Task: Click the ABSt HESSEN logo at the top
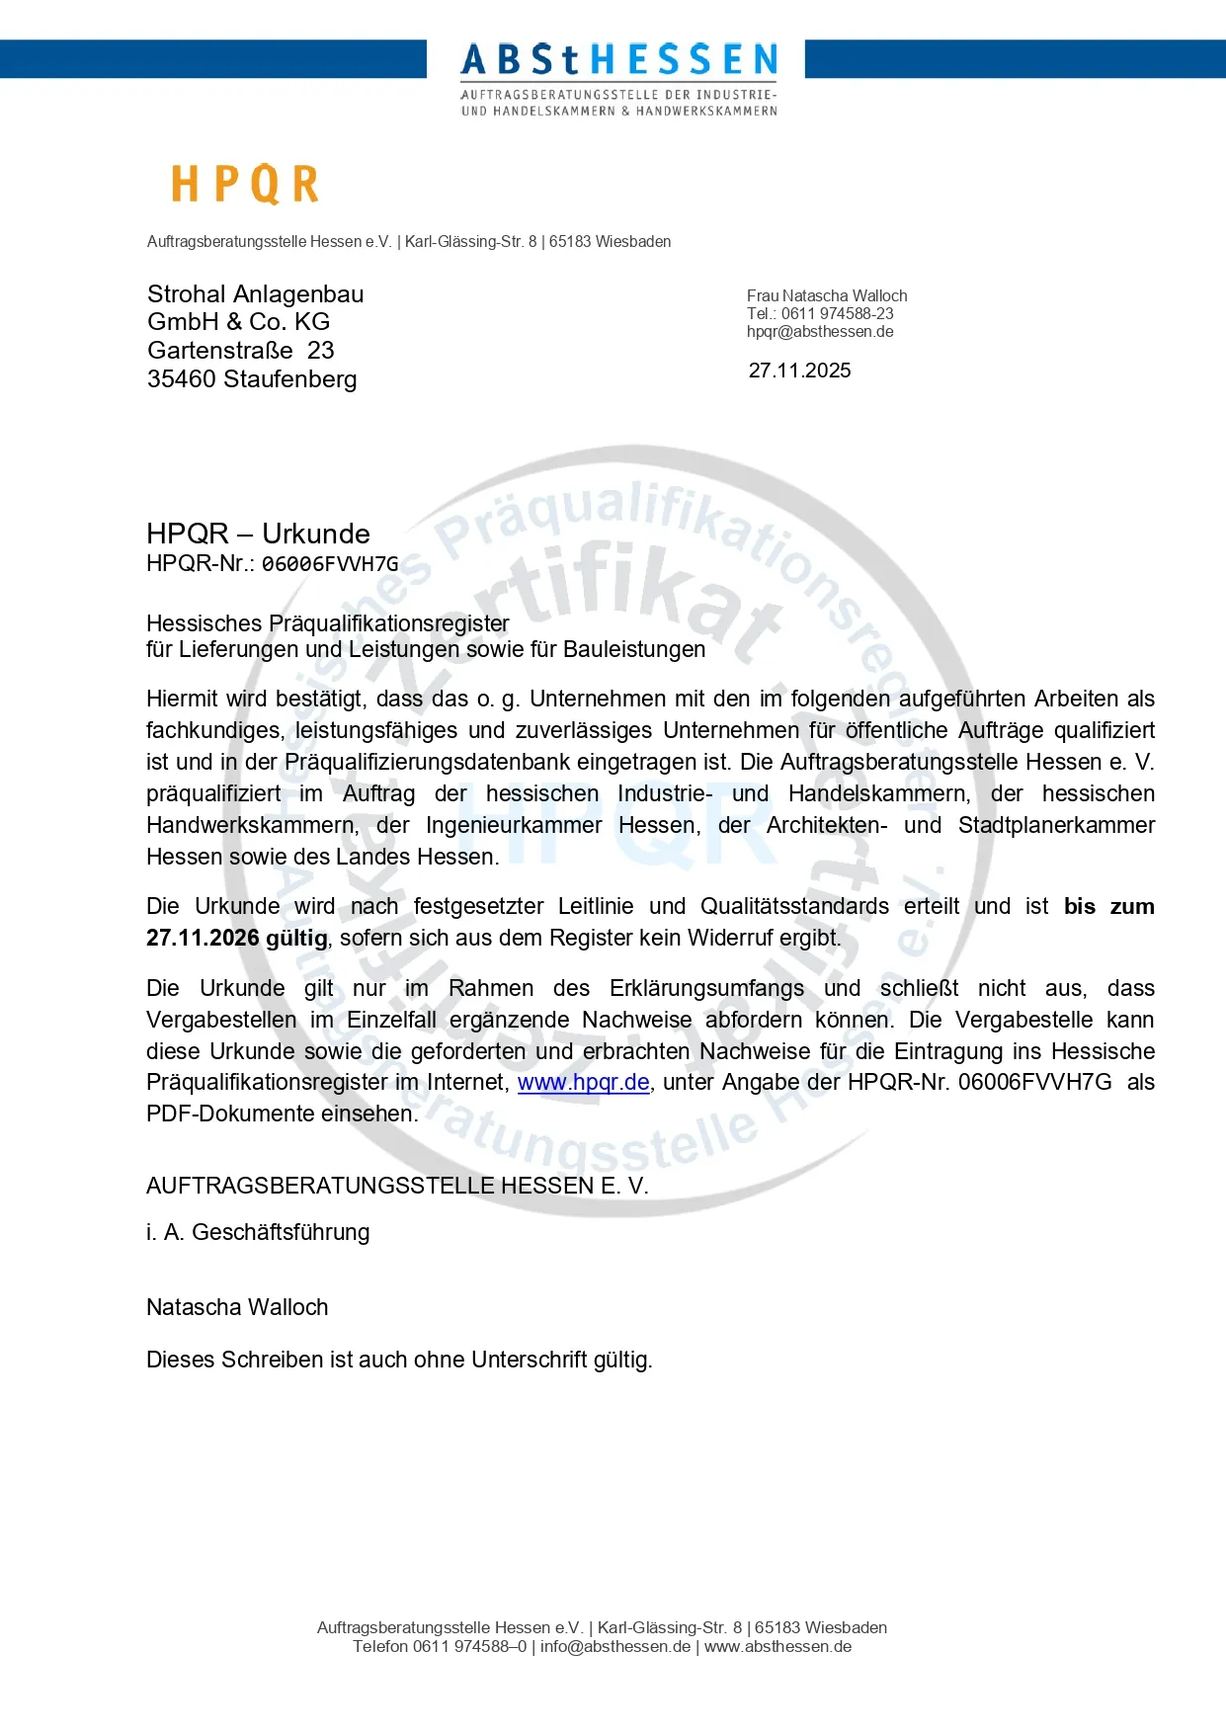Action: tap(618, 77)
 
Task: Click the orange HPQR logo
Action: tap(245, 185)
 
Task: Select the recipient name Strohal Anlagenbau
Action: tap(255, 294)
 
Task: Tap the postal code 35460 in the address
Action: tap(182, 379)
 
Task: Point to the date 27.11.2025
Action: tap(799, 371)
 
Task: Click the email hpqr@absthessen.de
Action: tap(820, 332)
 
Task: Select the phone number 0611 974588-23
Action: tap(837, 314)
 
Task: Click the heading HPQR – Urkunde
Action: tap(258, 534)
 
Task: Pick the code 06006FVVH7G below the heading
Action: tap(330, 564)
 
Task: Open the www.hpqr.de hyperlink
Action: tap(583, 1083)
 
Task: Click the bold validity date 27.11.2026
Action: tap(203, 938)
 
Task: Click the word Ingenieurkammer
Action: tap(514, 825)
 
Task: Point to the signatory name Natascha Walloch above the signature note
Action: tap(237, 1307)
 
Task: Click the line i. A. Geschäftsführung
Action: tap(258, 1232)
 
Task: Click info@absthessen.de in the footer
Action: tap(615, 1646)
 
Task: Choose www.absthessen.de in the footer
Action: tap(777, 1646)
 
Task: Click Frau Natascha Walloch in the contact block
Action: tap(827, 296)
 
